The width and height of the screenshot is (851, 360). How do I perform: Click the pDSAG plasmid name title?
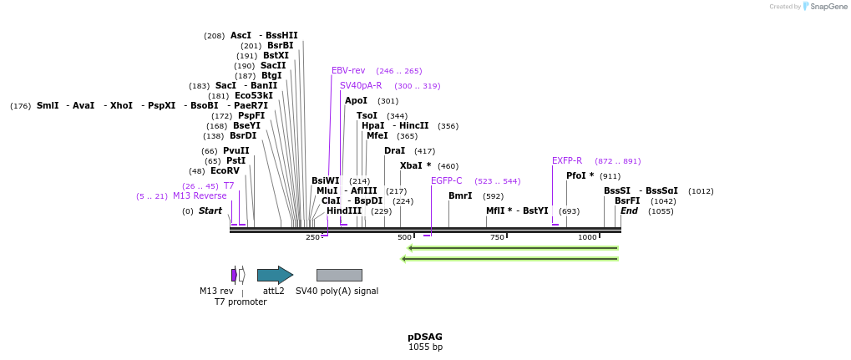[425, 337]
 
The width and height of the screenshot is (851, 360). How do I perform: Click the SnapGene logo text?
[827, 7]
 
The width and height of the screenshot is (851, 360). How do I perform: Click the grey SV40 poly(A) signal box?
[339, 275]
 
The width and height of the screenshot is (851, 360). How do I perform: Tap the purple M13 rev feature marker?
[234, 275]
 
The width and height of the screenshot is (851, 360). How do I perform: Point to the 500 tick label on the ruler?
[405, 238]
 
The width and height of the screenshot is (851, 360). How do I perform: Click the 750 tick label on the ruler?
[497, 238]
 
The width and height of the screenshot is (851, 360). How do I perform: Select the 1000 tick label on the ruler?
[587, 238]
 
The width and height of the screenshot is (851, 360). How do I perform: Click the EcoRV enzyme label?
[225, 171]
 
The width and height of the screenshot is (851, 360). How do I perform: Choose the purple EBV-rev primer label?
[348, 71]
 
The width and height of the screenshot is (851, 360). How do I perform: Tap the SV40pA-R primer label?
[361, 85]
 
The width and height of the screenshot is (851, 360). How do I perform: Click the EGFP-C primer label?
[447, 180]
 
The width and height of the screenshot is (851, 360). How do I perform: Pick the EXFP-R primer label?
[567, 160]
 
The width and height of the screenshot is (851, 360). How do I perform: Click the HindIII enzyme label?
[344, 211]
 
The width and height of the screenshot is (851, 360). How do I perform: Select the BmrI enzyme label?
[460, 196]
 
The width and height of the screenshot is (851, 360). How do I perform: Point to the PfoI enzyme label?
[580, 176]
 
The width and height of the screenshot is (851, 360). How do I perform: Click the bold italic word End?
[629, 211]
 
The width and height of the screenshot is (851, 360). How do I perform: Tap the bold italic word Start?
[210, 211]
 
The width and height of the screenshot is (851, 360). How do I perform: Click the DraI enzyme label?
[394, 151]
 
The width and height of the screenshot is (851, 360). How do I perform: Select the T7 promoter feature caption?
[241, 302]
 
